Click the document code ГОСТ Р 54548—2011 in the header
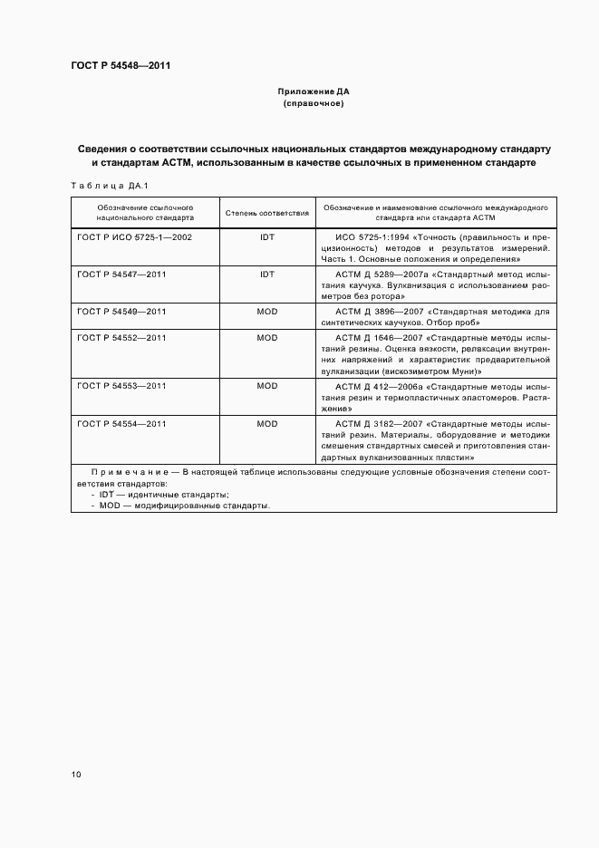pos(121,66)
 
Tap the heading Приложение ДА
pos(313,92)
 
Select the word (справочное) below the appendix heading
pos(313,104)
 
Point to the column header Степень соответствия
pos(266,213)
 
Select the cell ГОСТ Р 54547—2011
pos(121,274)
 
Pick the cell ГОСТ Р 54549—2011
pos(121,312)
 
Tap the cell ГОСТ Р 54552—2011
pos(121,337)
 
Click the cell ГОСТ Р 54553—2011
pos(121,386)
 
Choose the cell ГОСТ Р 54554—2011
pos(121,424)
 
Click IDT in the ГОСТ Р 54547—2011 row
pos(266,274)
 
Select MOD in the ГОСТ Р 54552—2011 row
pos(266,337)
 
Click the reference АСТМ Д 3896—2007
pos(379,312)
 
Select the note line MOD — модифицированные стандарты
pos(185,506)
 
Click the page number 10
pos(76,775)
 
